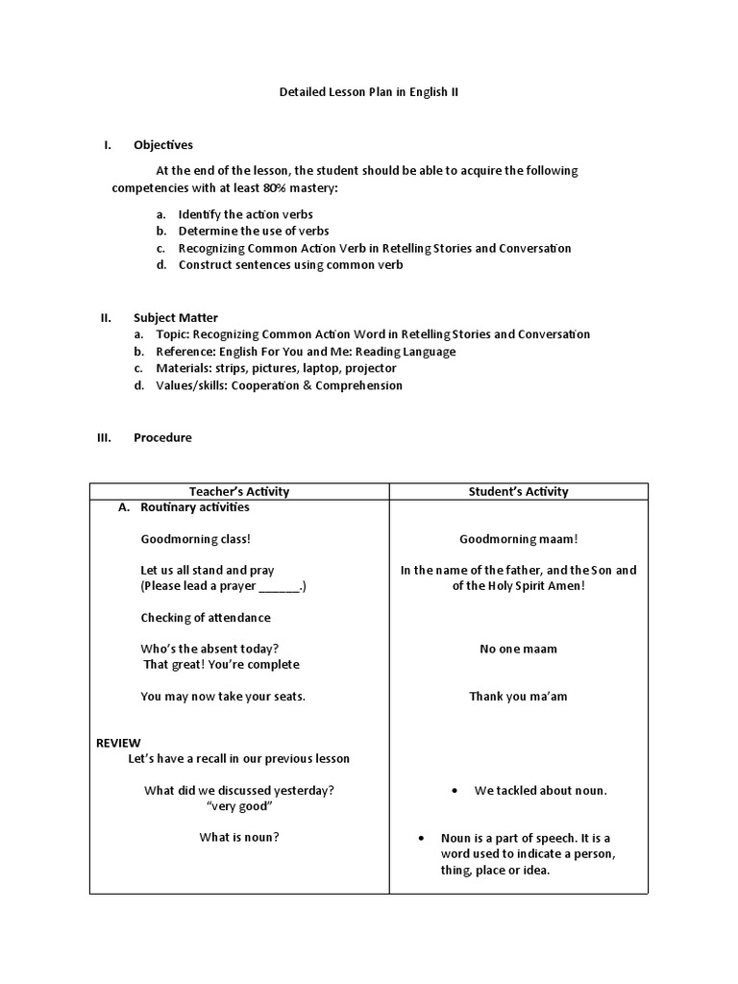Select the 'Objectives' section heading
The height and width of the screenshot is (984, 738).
point(162,145)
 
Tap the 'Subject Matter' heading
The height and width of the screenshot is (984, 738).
point(175,317)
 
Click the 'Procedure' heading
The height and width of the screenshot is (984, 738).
point(162,437)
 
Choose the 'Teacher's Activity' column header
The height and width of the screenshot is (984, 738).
point(239,491)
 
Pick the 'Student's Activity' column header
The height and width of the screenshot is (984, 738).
point(518,491)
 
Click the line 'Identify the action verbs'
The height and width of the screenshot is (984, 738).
point(245,214)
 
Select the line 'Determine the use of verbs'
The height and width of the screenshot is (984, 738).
point(253,231)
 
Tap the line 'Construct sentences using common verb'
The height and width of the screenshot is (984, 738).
point(290,265)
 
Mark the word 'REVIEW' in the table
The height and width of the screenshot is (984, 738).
point(118,743)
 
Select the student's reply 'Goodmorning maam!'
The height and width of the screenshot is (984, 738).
point(518,539)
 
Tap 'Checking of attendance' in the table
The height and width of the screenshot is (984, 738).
point(206,618)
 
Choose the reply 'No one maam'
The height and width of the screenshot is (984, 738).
point(518,649)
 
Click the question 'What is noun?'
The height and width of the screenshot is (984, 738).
point(239,837)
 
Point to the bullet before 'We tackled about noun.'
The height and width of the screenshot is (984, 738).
point(453,791)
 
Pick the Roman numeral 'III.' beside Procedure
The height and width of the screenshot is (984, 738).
point(105,437)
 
